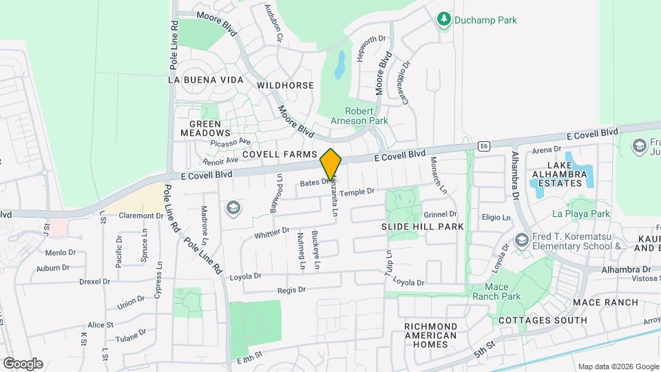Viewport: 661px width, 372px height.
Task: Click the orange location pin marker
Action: pyautogui.click(x=331, y=164)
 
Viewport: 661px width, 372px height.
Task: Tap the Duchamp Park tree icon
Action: pyautogui.click(x=445, y=20)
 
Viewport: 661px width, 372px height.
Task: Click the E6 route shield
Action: pyautogui.click(x=484, y=146)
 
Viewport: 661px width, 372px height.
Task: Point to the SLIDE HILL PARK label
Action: pyautogui.click(x=422, y=226)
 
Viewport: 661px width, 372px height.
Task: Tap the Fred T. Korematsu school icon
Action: pyautogui.click(x=521, y=240)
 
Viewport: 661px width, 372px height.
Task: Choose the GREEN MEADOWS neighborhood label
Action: pyautogui.click(x=205, y=127)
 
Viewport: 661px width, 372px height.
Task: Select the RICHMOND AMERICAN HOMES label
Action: pyautogui.click(x=430, y=335)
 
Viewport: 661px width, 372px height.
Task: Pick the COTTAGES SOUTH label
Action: pyautogui.click(x=543, y=320)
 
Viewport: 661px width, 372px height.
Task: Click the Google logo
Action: pyautogui.click(x=22, y=363)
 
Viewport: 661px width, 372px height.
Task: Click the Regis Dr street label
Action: pyautogui.click(x=291, y=290)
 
